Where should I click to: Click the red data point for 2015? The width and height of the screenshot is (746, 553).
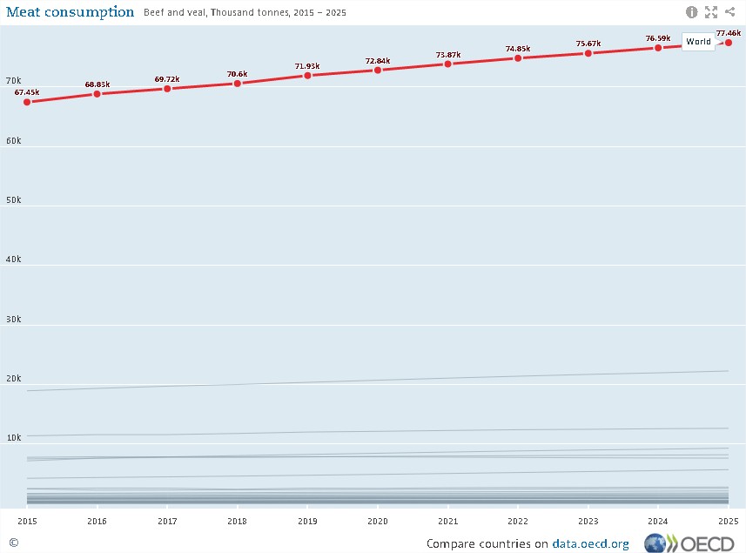(x=27, y=102)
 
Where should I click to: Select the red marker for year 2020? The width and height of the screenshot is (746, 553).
(x=377, y=70)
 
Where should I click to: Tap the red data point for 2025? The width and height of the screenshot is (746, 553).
(x=729, y=43)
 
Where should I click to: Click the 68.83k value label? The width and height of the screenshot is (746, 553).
(x=97, y=84)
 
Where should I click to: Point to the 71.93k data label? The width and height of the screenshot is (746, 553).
(x=307, y=66)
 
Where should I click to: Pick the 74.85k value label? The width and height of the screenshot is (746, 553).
(x=518, y=49)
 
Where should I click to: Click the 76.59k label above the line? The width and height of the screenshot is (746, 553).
(x=658, y=38)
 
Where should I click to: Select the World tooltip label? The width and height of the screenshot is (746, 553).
(x=698, y=42)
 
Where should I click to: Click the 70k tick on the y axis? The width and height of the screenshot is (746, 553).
(x=13, y=81)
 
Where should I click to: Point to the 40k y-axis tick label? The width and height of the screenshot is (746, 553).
(x=13, y=260)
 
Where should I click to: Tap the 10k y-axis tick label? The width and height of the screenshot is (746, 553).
(x=13, y=437)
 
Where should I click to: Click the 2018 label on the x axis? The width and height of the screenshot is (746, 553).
(x=237, y=520)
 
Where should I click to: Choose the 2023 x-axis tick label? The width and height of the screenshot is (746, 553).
(x=588, y=520)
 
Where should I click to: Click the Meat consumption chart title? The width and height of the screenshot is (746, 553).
(x=70, y=12)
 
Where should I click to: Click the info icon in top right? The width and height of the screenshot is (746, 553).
(x=692, y=12)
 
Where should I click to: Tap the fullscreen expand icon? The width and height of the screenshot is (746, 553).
(x=711, y=12)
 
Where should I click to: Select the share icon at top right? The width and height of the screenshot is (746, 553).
(x=729, y=12)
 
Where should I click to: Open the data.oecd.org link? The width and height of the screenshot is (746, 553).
(x=589, y=543)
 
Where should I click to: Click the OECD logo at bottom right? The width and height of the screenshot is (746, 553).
(x=691, y=543)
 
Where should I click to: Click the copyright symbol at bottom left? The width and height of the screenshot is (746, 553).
(x=13, y=542)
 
